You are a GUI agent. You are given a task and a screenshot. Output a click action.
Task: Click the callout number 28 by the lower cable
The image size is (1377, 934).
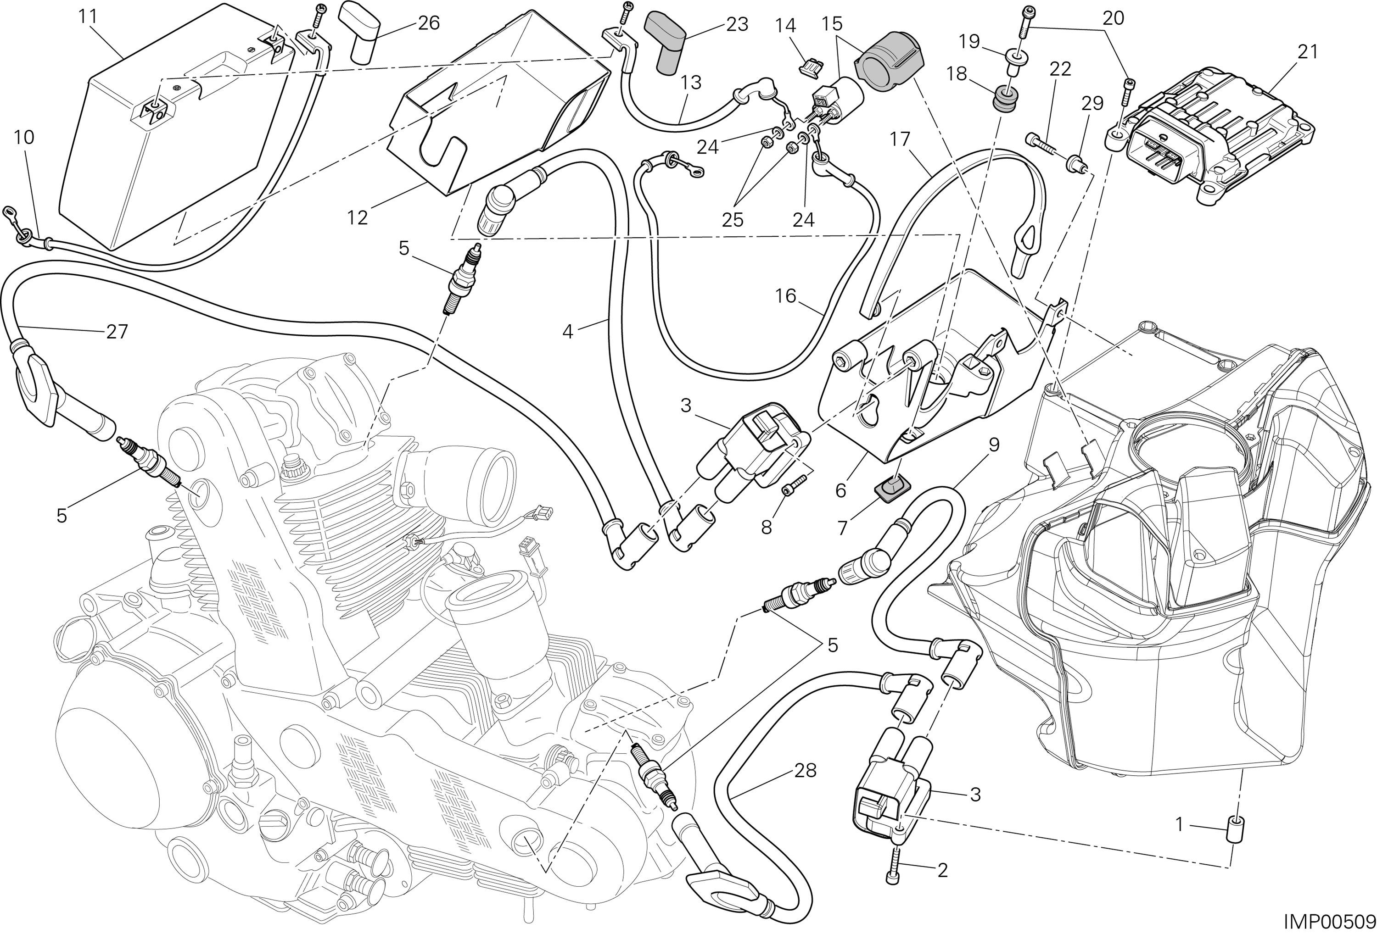[805, 771]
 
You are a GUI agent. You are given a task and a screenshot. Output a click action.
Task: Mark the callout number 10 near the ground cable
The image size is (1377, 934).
[24, 138]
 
